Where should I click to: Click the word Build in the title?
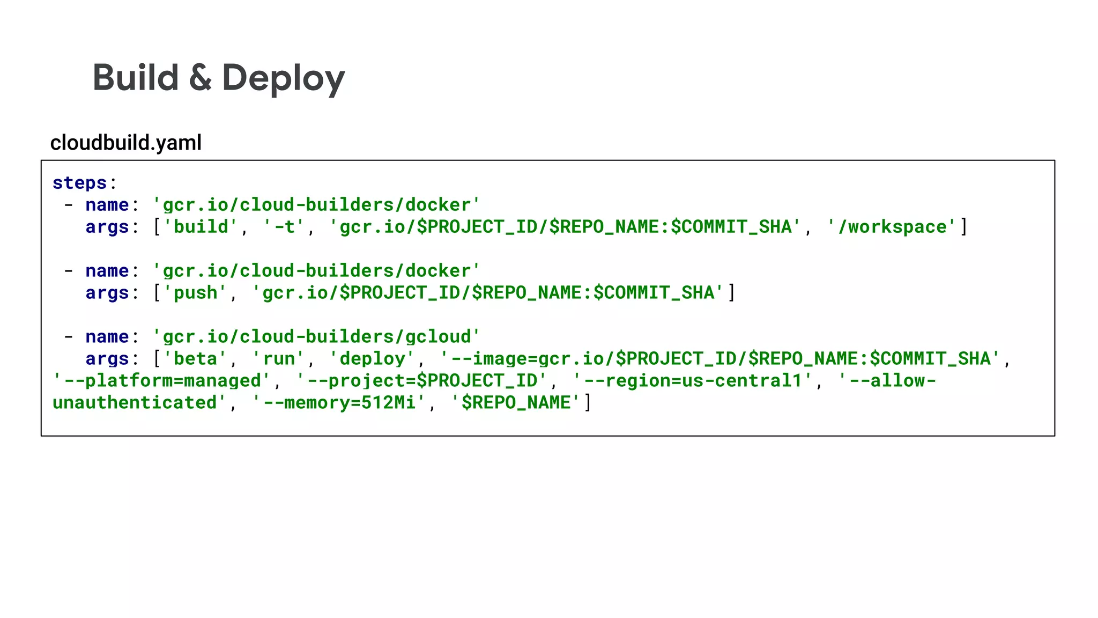pyautogui.click(x=136, y=78)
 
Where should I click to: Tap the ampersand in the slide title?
pyautogui.click(x=200, y=78)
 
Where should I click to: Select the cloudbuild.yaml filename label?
pyautogui.click(x=126, y=143)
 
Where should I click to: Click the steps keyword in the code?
pyautogui.click(x=80, y=183)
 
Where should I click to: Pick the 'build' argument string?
pyautogui.click(x=200, y=227)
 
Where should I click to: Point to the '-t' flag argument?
pyautogui.click(x=283, y=227)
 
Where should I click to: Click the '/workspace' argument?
pyautogui.click(x=892, y=227)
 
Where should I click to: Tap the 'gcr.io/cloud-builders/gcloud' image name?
pyautogui.click(x=316, y=337)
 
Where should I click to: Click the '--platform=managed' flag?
pyautogui.click(x=162, y=381)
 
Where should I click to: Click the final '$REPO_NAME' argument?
pyautogui.click(x=515, y=403)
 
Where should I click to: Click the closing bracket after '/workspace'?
pyautogui.click(x=964, y=227)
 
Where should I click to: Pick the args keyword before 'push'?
pyautogui.click(x=107, y=293)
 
